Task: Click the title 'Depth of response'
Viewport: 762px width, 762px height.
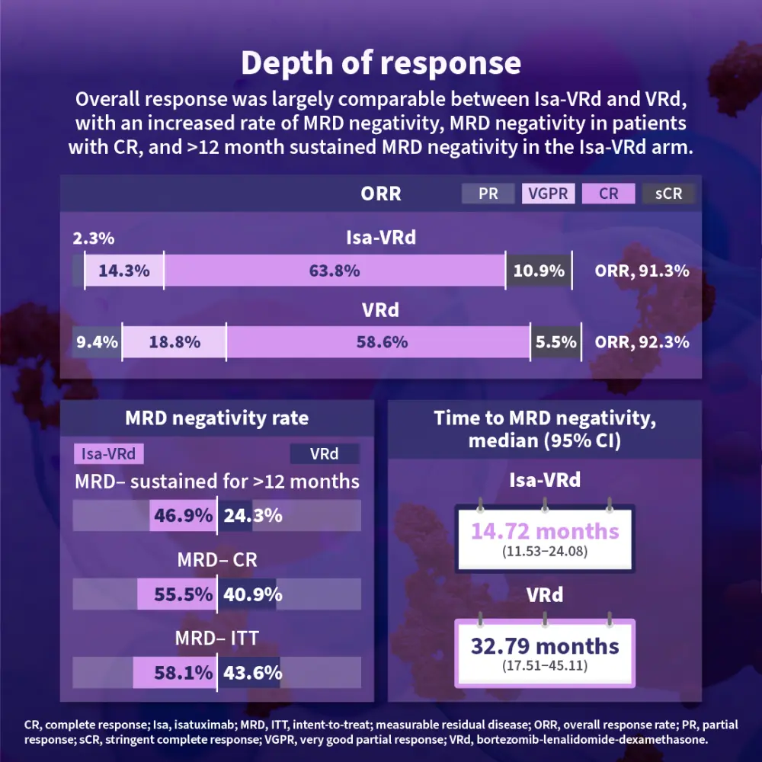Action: coord(381,63)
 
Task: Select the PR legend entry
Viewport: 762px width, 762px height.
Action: coord(488,194)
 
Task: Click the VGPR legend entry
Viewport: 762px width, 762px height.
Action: coord(549,194)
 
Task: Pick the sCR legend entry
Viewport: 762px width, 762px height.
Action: coord(668,194)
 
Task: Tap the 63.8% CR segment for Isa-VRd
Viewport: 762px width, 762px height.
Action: coord(335,271)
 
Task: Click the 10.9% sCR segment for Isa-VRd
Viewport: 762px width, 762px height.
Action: coord(539,271)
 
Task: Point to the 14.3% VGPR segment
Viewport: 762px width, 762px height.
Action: coord(124,271)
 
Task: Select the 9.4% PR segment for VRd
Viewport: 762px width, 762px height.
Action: coord(98,342)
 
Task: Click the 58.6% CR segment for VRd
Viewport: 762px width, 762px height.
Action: coord(379,342)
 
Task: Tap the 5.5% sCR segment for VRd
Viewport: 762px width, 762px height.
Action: coord(555,342)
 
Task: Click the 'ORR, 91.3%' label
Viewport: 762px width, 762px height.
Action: coord(642,271)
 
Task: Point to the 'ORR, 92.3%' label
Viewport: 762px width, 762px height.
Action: coord(642,342)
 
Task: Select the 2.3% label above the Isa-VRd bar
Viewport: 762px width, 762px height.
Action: coord(94,239)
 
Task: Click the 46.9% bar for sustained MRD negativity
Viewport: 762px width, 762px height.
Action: coord(183,516)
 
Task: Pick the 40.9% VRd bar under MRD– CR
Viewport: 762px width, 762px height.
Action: coord(248,594)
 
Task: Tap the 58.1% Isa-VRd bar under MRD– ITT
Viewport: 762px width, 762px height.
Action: coord(174,673)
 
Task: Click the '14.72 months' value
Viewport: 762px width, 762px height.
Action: coord(545,531)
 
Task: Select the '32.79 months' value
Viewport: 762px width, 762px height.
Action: coord(545,646)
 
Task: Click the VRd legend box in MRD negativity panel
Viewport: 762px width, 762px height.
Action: coord(325,454)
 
